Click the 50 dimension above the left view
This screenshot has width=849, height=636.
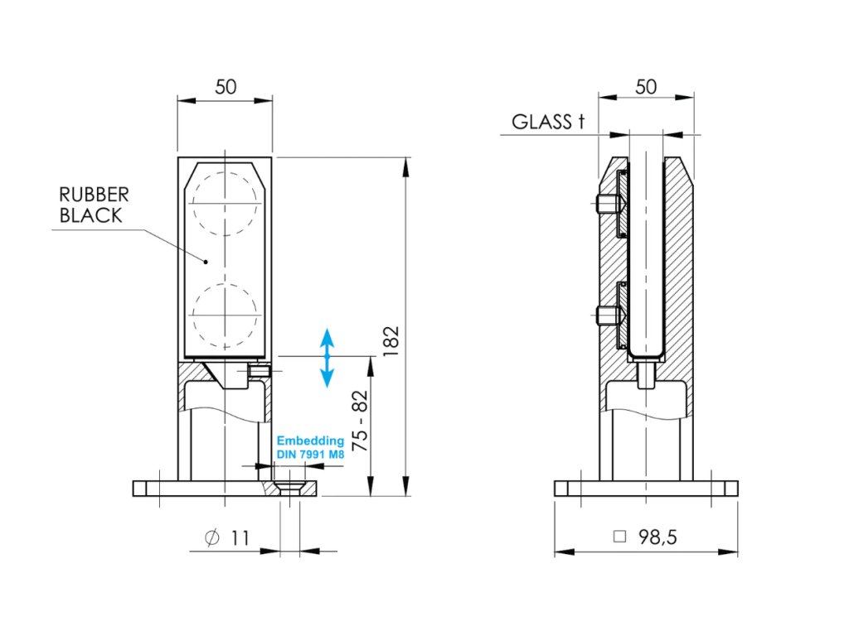pyautogui.click(x=225, y=87)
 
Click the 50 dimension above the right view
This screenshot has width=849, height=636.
pyautogui.click(x=646, y=87)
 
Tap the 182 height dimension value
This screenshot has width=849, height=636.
pyautogui.click(x=391, y=340)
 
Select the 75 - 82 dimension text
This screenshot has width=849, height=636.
pyautogui.click(x=361, y=422)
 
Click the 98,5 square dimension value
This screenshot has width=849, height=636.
pyautogui.click(x=657, y=537)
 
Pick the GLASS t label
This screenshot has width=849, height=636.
pyautogui.click(x=547, y=123)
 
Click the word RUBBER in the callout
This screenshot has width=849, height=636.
pyautogui.click(x=94, y=195)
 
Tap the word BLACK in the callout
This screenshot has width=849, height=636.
pyautogui.click(x=90, y=216)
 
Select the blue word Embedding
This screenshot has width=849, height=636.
pyautogui.click(x=310, y=441)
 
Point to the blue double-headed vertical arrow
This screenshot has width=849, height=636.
pyautogui.click(x=327, y=358)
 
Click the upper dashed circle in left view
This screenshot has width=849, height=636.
pyautogui.click(x=225, y=203)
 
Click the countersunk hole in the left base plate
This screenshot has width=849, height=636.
pyautogui.click(x=289, y=487)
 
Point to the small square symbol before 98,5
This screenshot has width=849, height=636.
pyautogui.click(x=619, y=537)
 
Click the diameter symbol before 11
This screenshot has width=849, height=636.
pyautogui.click(x=211, y=538)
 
